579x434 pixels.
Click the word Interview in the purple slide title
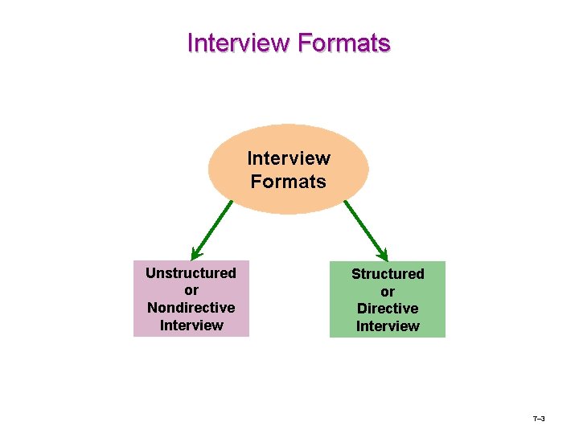coord(239,43)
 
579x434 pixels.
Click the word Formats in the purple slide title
coord(343,43)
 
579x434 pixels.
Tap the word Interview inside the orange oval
coord(288,158)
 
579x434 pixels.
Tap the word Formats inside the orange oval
coord(288,182)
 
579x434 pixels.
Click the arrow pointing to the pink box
coord(212,227)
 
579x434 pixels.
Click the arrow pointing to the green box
coord(366,228)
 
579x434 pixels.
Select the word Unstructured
coord(191,273)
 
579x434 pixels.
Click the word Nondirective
coord(191,308)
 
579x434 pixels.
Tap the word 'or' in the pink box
coord(191,290)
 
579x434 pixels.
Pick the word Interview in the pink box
coord(191,325)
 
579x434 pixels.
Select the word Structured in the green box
coord(388,274)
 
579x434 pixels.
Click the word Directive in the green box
coord(388,309)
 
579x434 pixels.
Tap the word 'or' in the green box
coord(388,291)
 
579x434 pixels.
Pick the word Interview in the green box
coord(388,326)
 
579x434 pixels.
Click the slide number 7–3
coord(539,420)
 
